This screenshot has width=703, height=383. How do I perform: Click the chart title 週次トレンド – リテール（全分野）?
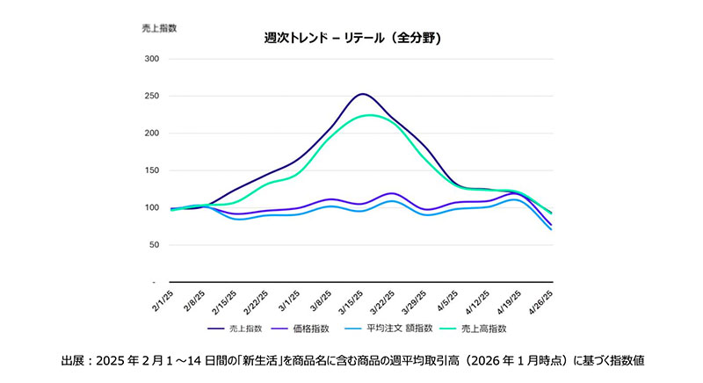pyautogui.click(x=351, y=39)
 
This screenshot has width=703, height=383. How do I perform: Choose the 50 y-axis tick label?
pyautogui.click(x=152, y=245)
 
